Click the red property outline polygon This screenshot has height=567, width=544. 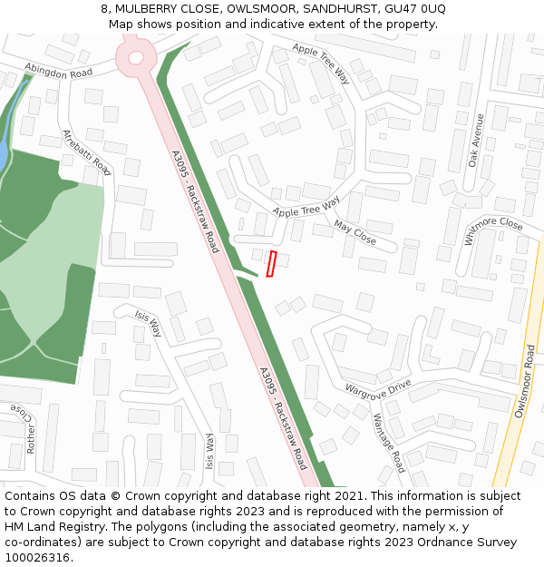pyautogui.click(x=271, y=263)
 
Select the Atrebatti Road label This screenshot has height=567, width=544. pyautogui.click(x=86, y=152)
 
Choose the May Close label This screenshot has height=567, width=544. pyautogui.click(x=355, y=232)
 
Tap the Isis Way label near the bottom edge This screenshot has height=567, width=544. pyautogui.click(x=209, y=452)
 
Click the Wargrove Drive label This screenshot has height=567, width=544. pyautogui.click(x=377, y=388)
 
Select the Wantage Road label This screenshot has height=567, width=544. pyautogui.click(x=389, y=443)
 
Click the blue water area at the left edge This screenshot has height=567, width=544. pyautogui.click(x=3, y=150)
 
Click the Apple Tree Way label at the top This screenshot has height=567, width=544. pyautogui.click(x=321, y=63)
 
